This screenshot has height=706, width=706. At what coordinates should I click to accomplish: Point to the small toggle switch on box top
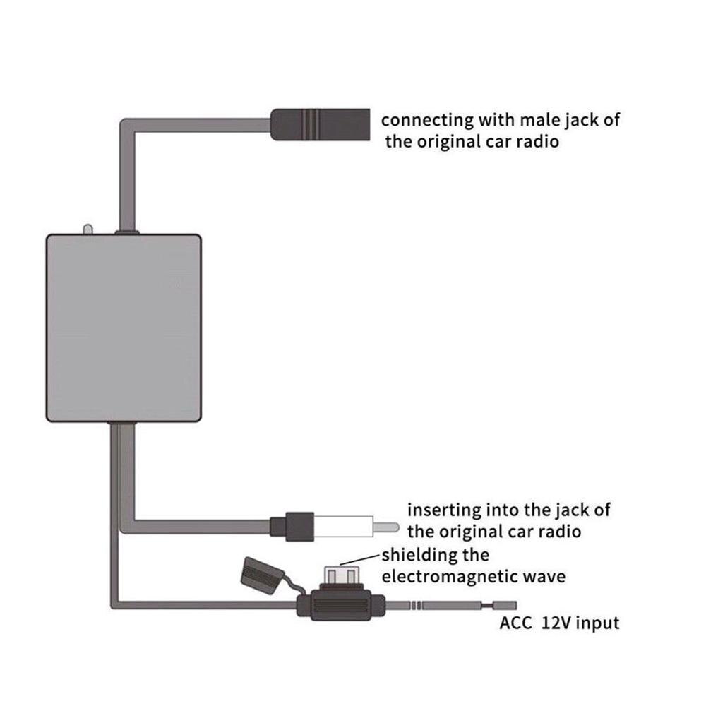point(87,230)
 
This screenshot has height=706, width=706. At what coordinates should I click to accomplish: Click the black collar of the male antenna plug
point(291,527)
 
